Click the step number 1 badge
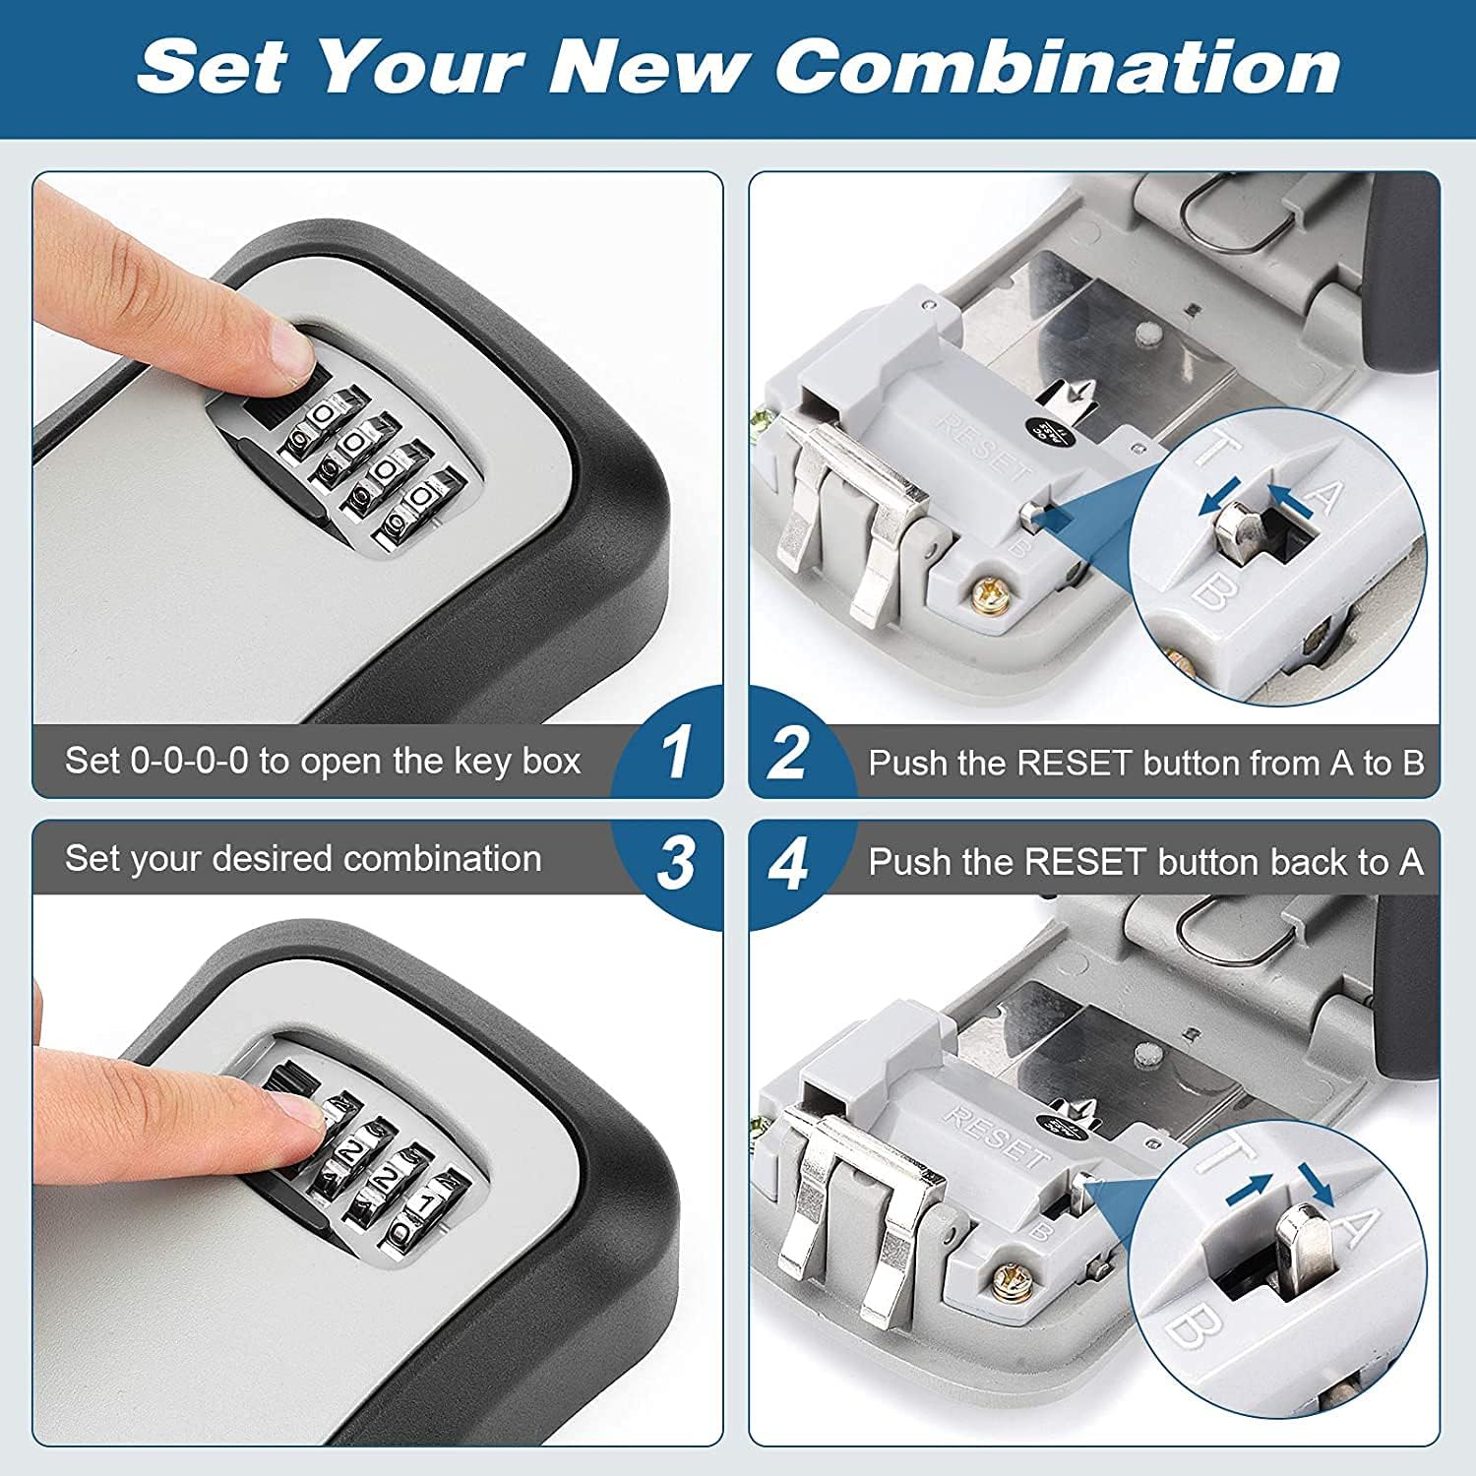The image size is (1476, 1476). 675,754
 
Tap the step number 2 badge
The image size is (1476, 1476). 788,754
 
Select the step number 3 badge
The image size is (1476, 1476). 675,864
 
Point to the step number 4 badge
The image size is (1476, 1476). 788,864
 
